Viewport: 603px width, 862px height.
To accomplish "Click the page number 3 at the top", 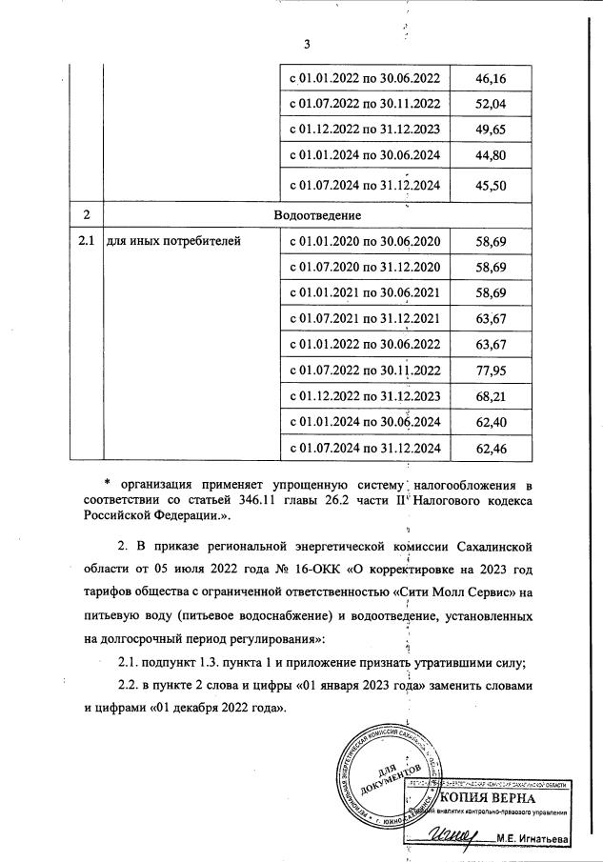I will pyautogui.click(x=306, y=45).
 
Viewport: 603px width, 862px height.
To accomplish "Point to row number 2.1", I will pyautogui.click(x=85, y=241).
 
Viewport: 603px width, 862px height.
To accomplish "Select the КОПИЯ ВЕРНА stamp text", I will pyautogui.click(x=476, y=797).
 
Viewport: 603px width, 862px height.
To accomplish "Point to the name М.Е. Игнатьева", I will pyautogui.click(x=529, y=839).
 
